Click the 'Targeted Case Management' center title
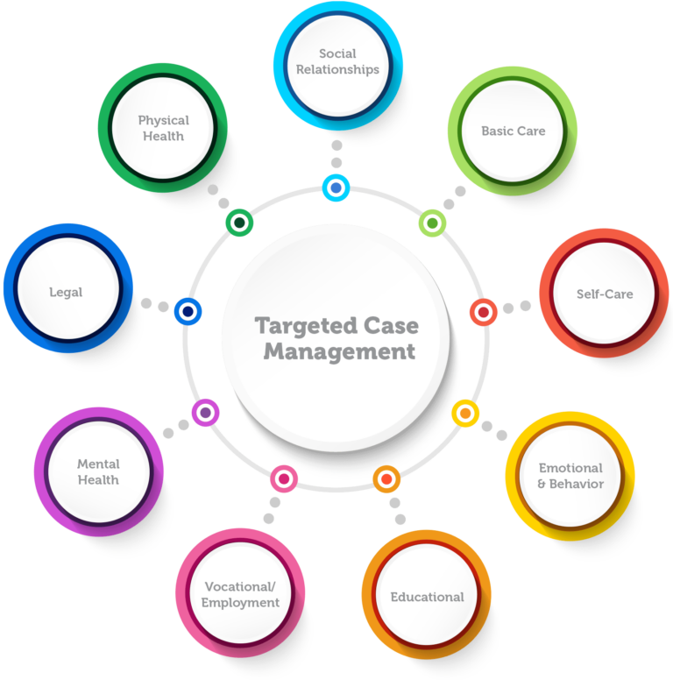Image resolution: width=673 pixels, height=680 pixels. click(336, 338)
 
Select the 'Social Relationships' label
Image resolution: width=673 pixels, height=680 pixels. click(337, 61)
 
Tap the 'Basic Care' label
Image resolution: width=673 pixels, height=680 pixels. click(513, 131)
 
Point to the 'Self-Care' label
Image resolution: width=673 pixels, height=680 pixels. click(604, 294)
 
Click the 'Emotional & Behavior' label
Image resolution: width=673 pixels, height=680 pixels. click(570, 476)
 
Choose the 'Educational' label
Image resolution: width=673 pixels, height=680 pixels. click(427, 597)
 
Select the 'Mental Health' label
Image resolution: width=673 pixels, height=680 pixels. click(98, 471)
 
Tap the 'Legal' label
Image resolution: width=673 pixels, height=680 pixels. click(67, 291)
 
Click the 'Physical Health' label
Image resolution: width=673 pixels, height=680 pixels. click(163, 128)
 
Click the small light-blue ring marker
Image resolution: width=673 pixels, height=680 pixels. click(336, 187)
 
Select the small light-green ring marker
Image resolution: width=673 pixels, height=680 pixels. click(431, 223)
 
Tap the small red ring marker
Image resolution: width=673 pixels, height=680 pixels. click(484, 311)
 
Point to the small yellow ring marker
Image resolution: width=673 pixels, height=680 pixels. click(465, 413)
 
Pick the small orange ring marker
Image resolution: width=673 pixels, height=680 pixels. click(386, 478)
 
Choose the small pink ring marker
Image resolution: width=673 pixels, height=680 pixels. click(284, 478)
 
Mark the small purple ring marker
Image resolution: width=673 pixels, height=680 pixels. click(205, 412)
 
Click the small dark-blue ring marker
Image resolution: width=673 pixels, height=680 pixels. click(188, 310)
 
